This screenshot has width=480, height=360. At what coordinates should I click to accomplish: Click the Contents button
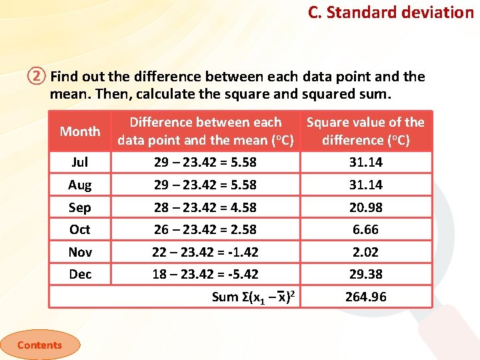(39, 345)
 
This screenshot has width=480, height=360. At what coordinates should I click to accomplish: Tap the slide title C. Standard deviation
(391, 12)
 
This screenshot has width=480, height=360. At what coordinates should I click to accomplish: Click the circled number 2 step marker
(37, 77)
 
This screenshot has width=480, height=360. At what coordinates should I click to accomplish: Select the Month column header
(80, 131)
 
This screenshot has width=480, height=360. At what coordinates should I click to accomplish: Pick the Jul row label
(80, 162)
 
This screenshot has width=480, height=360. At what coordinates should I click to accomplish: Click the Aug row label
(80, 185)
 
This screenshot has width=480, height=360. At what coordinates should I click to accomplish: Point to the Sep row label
(80, 207)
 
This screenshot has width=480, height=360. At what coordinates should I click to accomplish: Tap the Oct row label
(80, 229)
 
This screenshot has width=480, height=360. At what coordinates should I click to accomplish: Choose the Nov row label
(80, 252)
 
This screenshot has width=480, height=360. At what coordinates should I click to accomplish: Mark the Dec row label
(80, 274)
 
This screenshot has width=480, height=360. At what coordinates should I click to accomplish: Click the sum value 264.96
(365, 297)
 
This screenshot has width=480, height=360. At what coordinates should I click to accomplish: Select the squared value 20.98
(365, 207)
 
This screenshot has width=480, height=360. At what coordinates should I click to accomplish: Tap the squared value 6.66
(365, 229)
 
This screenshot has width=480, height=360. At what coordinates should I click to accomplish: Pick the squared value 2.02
(365, 252)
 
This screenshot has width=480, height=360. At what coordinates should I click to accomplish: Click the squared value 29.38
(365, 274)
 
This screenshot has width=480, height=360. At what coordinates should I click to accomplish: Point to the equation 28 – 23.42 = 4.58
(205, 207)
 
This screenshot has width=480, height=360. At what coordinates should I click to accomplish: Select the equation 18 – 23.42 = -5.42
(205, 274)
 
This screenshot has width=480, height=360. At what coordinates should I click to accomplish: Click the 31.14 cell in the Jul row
(365, 162)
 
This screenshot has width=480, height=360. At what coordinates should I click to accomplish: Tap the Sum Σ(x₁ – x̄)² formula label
(253, 297)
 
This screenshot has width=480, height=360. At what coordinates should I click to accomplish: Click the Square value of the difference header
(365, 131)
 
